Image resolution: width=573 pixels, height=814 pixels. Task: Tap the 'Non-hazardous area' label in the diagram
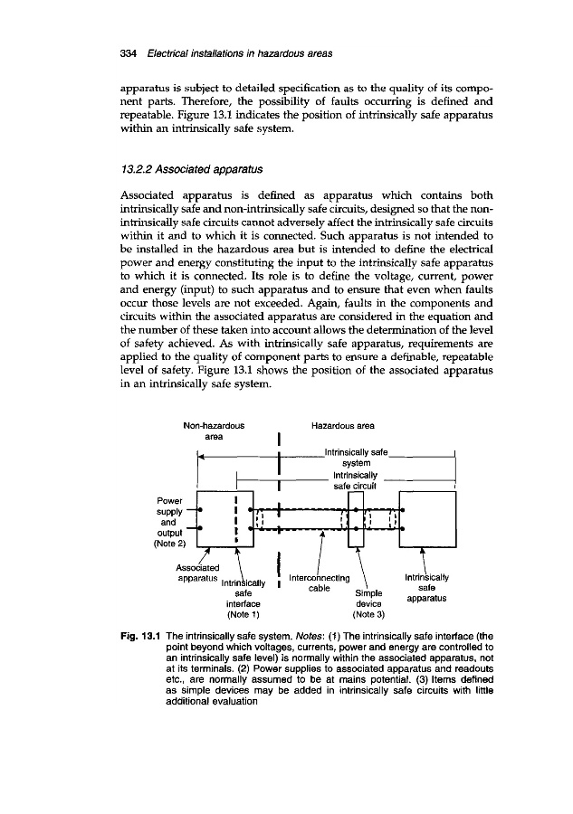click(214, 429)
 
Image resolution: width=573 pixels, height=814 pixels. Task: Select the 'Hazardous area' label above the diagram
click(343, 423)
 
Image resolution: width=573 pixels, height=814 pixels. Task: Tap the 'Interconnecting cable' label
click(316, 582)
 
